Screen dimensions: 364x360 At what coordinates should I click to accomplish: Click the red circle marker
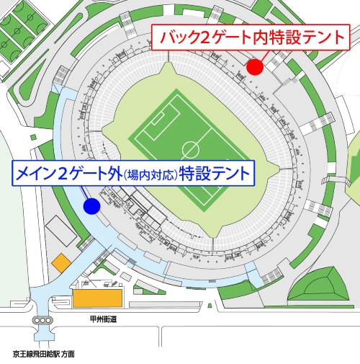click(254, 67)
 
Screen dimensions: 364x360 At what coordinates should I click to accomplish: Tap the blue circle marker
click(91, 207)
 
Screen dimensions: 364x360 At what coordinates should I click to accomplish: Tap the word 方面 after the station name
click(67, 355)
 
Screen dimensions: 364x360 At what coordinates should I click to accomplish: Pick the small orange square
click(60, 261)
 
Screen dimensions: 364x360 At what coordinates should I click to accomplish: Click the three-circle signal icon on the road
click(42, 320)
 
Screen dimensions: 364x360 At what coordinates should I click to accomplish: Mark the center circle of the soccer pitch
click(191, 149)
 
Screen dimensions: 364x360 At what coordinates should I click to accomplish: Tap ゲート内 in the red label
click(246, 37)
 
